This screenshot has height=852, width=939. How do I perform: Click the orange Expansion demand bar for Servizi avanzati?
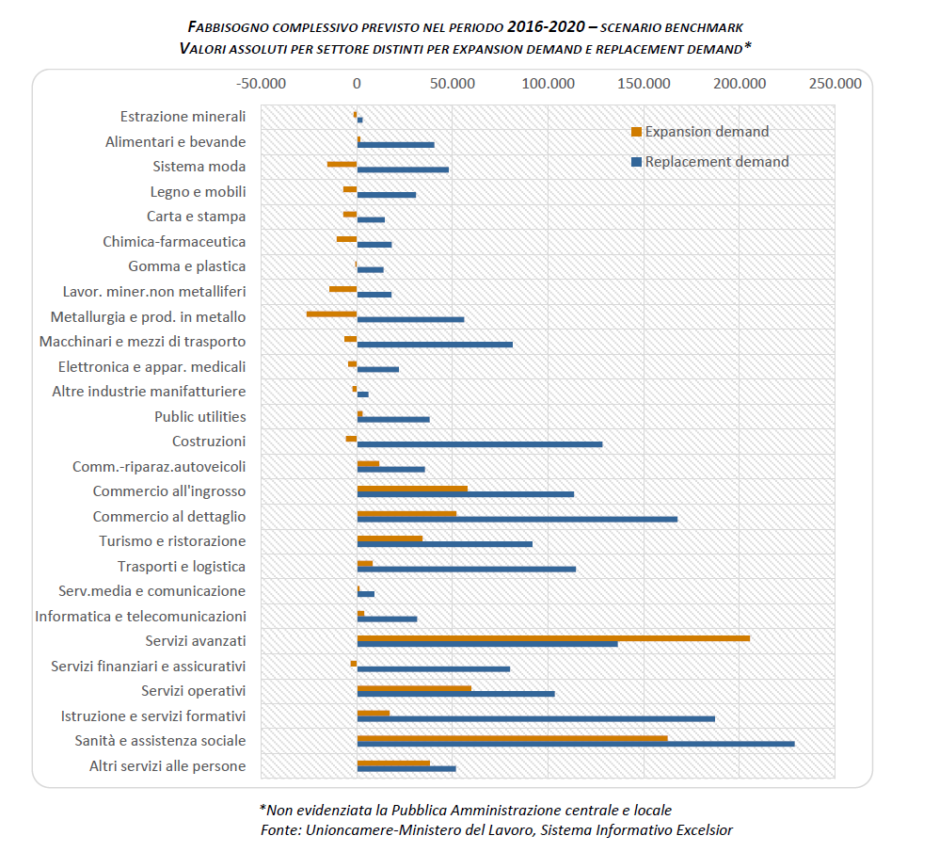[x=553, y=638]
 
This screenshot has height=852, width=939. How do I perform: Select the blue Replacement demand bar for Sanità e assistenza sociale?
[x=576, y=744]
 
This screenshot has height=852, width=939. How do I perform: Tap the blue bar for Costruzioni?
[x=480, y=444]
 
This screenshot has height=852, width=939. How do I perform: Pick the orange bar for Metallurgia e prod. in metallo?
[x=332, y=313]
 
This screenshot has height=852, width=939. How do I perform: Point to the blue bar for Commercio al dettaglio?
[x=517, y=519]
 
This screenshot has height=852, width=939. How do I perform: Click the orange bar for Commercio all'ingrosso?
[x=412, y=489]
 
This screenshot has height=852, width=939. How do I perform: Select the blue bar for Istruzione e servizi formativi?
[x=536, y=718]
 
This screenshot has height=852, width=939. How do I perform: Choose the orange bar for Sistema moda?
[x=342, y=164]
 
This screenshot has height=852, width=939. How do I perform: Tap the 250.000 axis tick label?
[x=835, y=84]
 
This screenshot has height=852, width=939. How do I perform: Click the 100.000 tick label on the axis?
[x=548, y=84]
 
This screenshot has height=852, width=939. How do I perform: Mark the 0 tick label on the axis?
[x=357, y=84]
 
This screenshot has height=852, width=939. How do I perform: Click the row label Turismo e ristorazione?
[x=172, y=541]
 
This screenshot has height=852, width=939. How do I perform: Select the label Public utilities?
[x=199, y=416]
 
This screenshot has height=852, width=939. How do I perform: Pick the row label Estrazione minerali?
[x=183, y=117]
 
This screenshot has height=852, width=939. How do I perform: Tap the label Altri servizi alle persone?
[x=167, y=766]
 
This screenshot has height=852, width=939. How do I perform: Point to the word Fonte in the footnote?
[x=279, y=829]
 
